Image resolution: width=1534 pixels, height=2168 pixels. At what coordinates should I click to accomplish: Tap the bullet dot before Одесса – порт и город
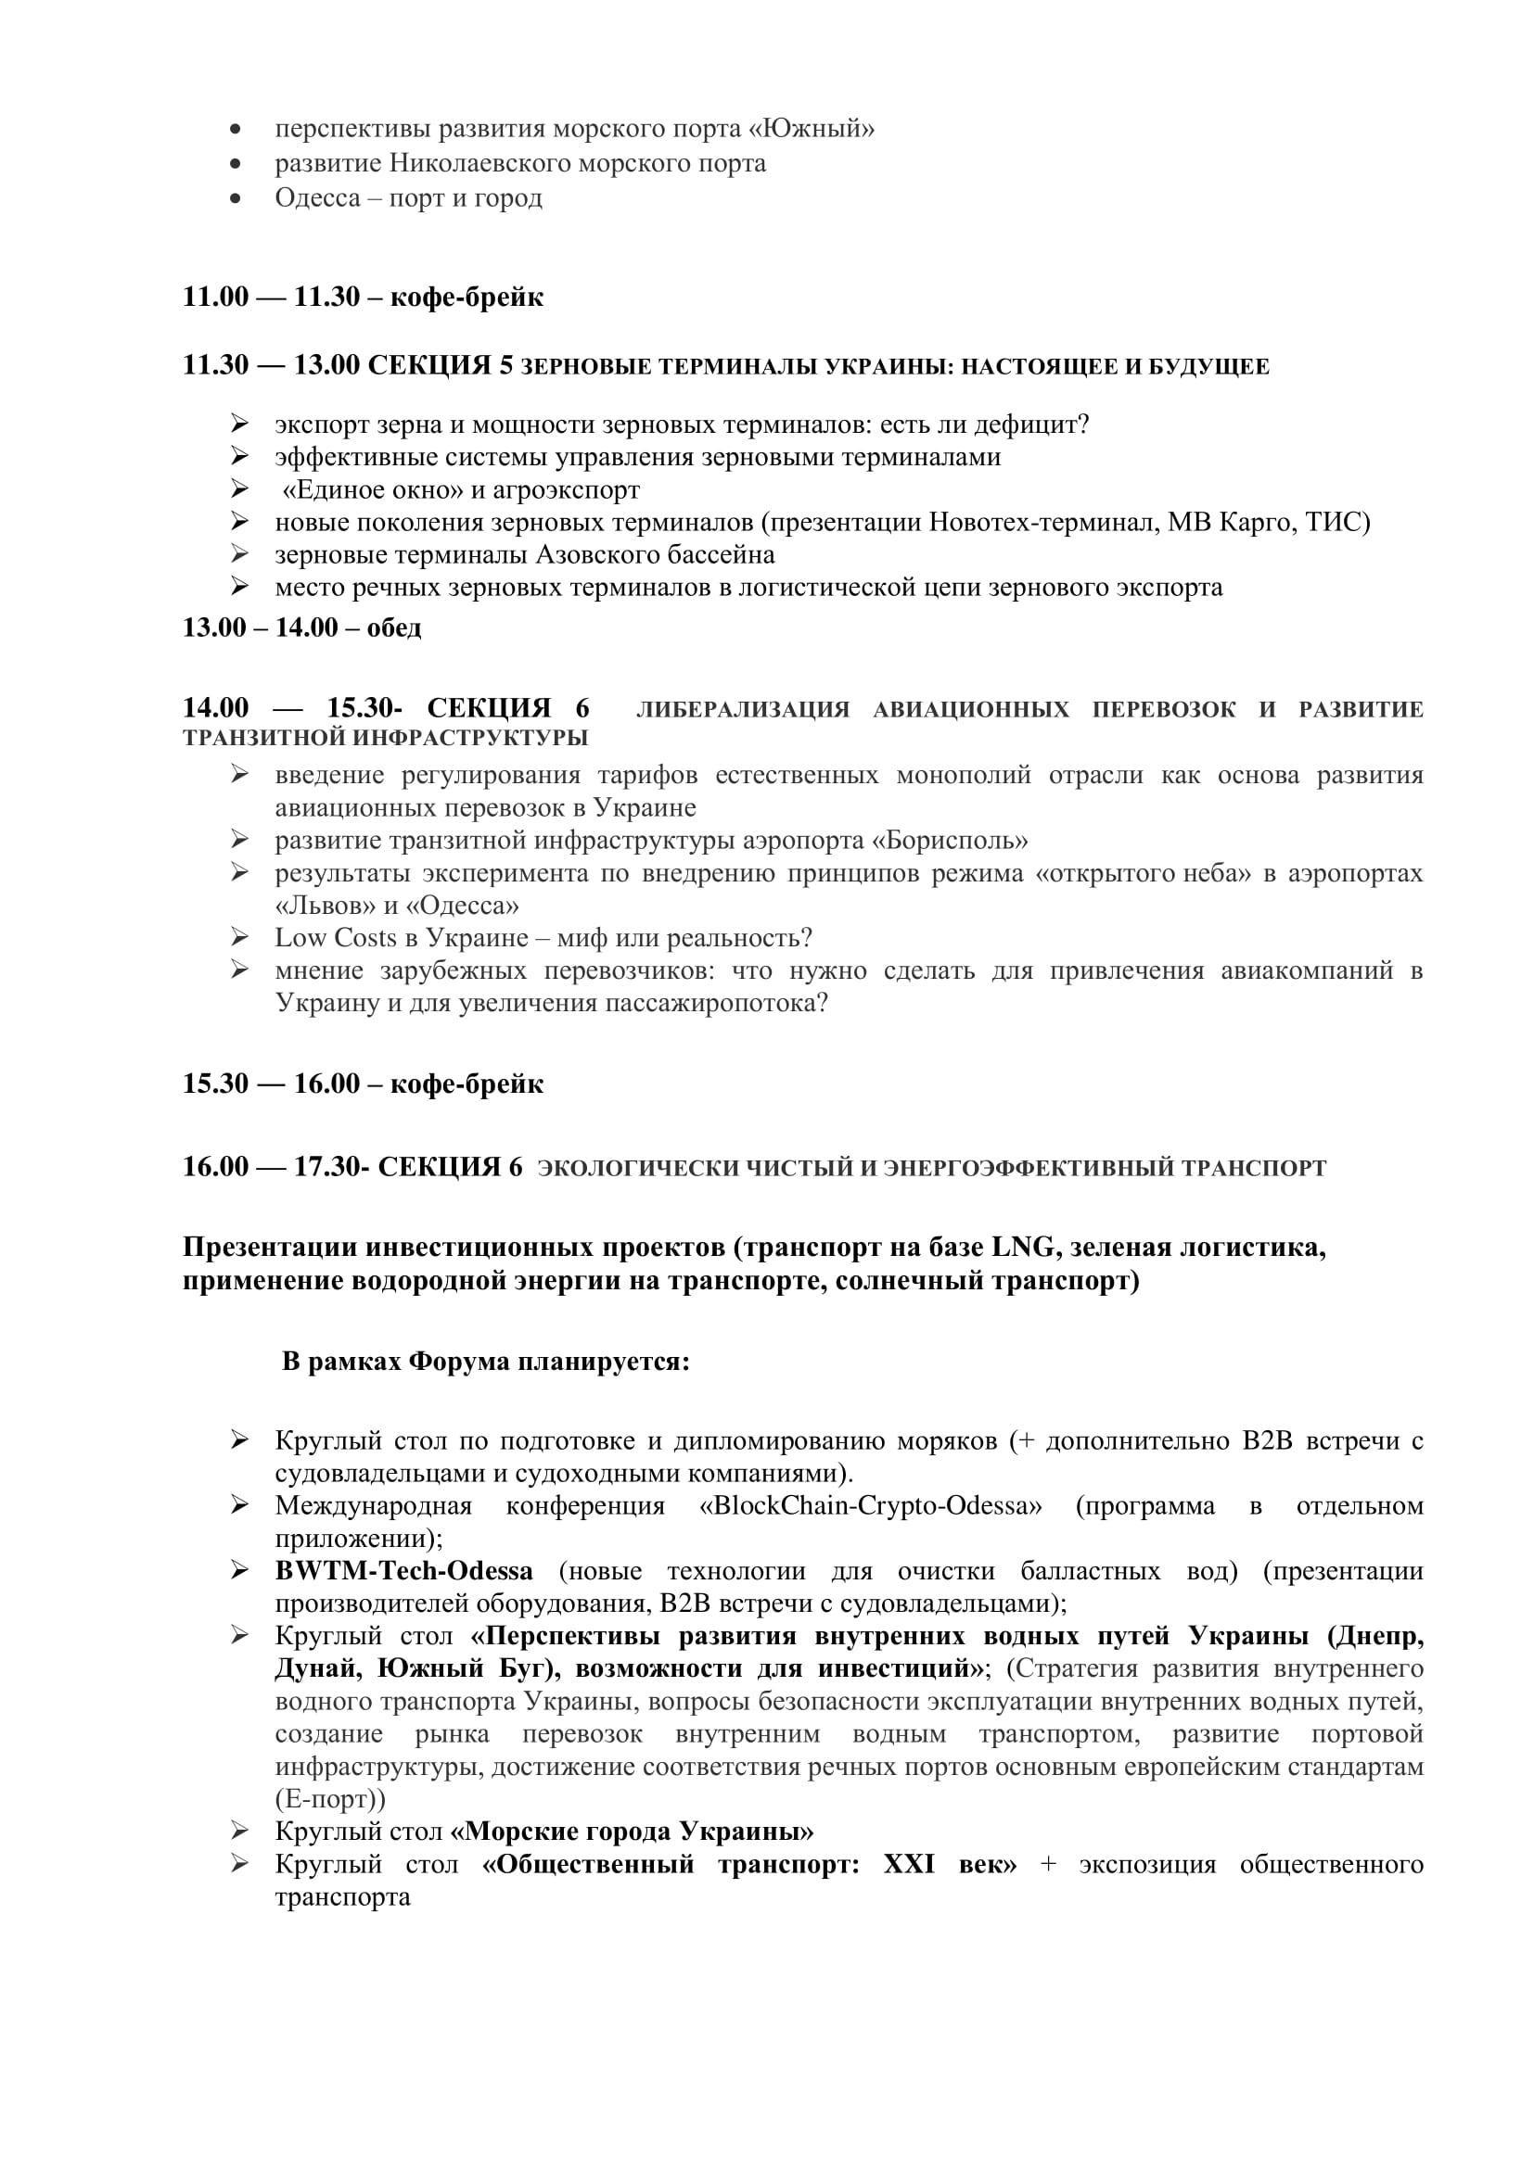point(236,198)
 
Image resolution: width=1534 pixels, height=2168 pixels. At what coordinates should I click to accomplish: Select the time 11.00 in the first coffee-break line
point(215,297)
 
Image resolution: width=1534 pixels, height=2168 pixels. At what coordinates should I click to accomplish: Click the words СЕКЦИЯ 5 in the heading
point(441,365)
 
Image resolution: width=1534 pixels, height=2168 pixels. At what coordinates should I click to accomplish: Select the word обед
point(394,628)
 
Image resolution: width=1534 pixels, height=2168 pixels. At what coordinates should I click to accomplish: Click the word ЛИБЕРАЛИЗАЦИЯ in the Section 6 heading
point(743,709)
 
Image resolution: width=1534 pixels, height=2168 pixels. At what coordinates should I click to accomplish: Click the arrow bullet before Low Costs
point(239,937)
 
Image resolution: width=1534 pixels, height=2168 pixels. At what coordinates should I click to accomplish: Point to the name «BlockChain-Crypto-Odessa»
point(870,1505)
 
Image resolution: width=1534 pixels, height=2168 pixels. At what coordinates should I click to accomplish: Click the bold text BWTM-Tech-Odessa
point(403,1570)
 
